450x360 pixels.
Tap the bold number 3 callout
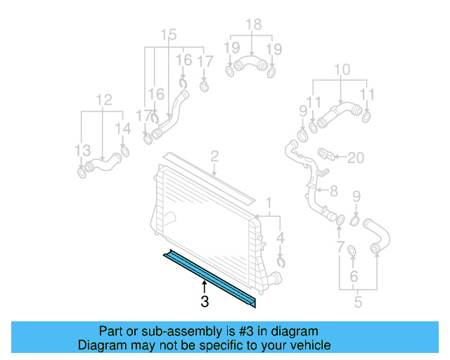[205, 302]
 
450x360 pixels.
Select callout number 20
[356, 157]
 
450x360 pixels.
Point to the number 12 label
[103, 100]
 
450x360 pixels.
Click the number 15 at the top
[169, 34]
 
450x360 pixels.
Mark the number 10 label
[342, 70]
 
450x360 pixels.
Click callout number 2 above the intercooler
[214, 156]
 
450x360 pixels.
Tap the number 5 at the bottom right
[358, 303]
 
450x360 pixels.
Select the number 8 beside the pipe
[333, 190]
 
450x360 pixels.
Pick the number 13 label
[83, 150]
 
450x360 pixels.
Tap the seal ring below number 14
[124, 152]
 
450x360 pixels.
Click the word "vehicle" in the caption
[310, 345]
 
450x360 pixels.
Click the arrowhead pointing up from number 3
[205, 284]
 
